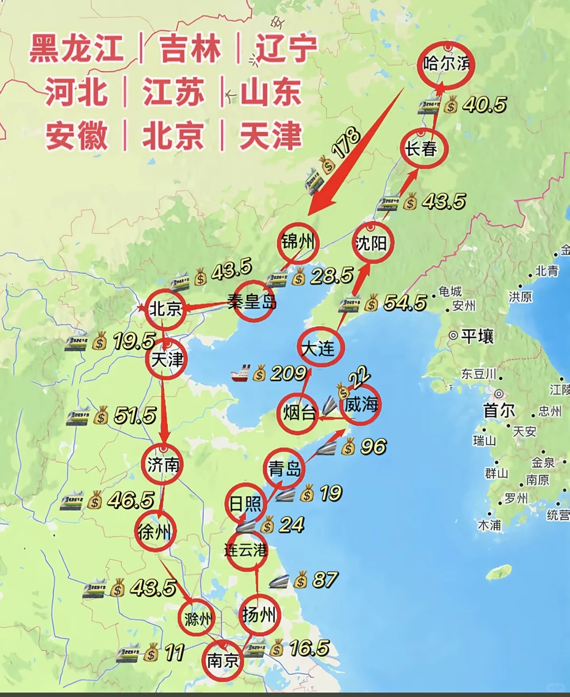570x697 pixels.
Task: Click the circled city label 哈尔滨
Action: coord(446,64)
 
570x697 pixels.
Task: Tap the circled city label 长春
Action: coord(422,149)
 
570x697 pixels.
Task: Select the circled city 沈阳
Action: coord(372,243)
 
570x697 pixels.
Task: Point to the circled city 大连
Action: coord(319,348)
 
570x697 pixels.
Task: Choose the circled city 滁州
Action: coord(198,618)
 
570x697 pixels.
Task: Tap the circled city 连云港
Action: coord(246,550)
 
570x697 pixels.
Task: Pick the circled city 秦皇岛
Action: coord(253,302)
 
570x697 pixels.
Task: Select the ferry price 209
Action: coord(288,374)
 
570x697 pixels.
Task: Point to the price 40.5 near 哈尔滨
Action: coord(484,104)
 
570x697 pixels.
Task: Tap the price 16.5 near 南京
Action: coord(309,648)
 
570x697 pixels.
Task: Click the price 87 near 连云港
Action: coord(324,580)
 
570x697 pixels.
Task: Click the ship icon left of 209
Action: coord(241,374)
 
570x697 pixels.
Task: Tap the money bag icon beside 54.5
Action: coord(372,303)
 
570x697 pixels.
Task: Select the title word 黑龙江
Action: coord(77,49)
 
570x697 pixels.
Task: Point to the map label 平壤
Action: coord(477,336)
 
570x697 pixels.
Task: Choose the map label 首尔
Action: coord(499,410)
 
